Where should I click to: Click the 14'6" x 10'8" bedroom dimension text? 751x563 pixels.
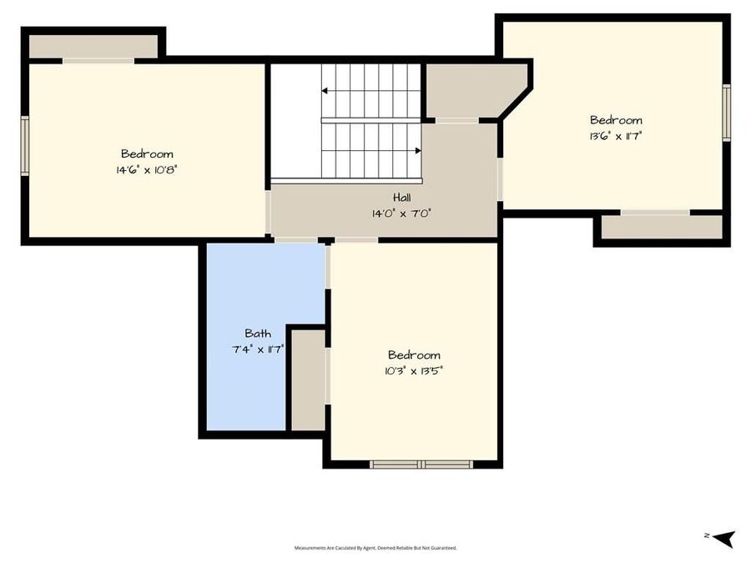(147, 169)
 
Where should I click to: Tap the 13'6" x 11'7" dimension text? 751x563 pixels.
(616, 135)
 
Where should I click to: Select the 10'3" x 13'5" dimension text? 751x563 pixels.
(413, 370)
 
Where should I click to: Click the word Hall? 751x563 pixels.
(401, 198)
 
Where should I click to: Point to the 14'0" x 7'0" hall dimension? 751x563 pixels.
(401, 214)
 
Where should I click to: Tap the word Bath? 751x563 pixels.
(258, 334)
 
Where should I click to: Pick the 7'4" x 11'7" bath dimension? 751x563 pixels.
(258, 349)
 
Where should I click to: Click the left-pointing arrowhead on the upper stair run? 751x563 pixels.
(325, 90)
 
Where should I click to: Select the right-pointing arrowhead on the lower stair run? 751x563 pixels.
(418, 151)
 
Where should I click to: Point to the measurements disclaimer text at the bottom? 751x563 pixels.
(375, 548)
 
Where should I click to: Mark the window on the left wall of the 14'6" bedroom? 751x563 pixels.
(25, 146)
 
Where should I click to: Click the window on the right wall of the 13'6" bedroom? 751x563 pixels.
(726, 113)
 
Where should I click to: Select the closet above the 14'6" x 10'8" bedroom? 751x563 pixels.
(93, 47)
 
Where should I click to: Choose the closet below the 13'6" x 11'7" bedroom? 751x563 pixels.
(661, 227)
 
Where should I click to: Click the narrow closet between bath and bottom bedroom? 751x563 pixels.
(308, 380)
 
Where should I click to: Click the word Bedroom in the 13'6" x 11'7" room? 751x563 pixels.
(616, 120)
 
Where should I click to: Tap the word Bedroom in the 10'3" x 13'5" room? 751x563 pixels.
(414, 355)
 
